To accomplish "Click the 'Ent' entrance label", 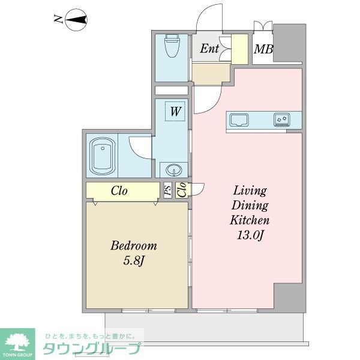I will [x=209, y=49].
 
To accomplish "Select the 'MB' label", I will [x=262, y=49].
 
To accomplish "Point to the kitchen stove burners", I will [x=282, y=119].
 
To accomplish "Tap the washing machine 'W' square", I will [x=176, y=111].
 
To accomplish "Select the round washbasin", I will [x=174, y=169].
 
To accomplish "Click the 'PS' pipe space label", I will [x=168, y=190].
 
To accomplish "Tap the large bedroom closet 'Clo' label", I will [x=119, y=191].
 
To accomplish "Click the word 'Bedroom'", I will [x=133, y=246].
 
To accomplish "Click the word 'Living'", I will [x=250, y=191].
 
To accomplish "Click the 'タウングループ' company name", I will [x=91, y=348].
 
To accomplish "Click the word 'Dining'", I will [x=250, y=206].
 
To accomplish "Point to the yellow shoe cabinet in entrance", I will [x=240, y=49].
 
